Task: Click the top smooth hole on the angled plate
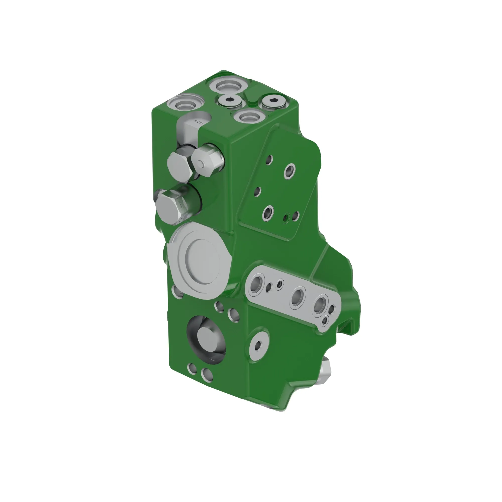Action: [x=269, y=159]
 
